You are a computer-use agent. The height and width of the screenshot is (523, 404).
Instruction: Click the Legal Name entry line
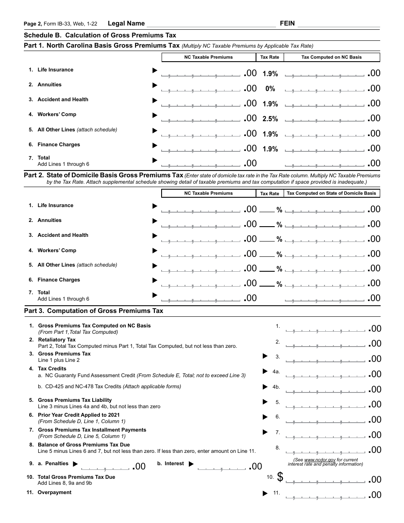[x=211, y=24]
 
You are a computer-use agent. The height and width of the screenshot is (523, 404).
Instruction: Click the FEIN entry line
[x=339, y=24]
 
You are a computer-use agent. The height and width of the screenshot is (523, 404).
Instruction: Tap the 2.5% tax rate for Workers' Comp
[x=270, y=119]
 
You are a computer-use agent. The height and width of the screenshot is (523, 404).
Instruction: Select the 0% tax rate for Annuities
[x=270, y=89]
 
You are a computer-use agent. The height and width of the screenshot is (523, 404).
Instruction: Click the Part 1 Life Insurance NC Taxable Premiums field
[x=201, y=74]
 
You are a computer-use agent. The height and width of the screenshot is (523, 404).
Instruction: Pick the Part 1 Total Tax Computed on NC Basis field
[x=325, y=164]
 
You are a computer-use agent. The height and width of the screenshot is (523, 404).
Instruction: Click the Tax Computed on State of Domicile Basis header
[x=332, y=193]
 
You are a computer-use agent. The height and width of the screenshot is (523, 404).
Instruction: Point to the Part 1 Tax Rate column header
[x=270, y=57]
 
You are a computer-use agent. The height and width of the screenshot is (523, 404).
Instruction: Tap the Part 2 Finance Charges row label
[x=59, y=280]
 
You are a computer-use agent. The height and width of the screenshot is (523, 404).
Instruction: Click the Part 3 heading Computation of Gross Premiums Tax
[x=94, y=311]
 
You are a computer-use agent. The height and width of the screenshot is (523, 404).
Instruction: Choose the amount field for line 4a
[x=325, y=375]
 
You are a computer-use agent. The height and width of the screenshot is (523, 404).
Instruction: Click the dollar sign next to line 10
[x=280, y=478]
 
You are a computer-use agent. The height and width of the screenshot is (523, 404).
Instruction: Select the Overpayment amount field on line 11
[x=325, y=495]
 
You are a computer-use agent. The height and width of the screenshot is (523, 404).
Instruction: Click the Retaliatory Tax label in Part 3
[x=57, y=340]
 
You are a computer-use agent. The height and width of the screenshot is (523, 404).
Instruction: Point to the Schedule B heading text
[x=100, y=35]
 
